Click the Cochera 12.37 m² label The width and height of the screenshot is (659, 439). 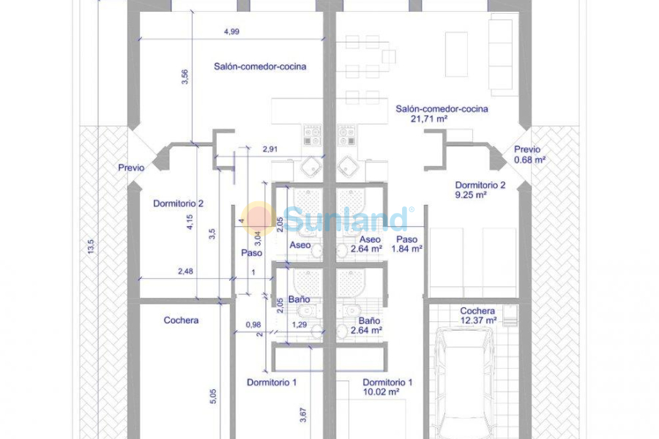[477, 315]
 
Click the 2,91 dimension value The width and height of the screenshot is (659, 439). [270, 149]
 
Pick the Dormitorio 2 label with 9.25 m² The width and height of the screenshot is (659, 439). [480, 190]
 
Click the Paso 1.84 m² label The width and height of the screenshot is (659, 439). [407, 244]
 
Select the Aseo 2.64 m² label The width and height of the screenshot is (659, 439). [366, 244]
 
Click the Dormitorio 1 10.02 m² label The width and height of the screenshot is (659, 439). [388, 387]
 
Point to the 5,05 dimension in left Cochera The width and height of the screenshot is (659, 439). [213, 396]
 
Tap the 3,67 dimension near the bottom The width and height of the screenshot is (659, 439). [302, 415]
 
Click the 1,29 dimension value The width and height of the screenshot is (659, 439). [299, 324]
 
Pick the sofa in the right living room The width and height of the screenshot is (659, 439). [501, 56]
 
